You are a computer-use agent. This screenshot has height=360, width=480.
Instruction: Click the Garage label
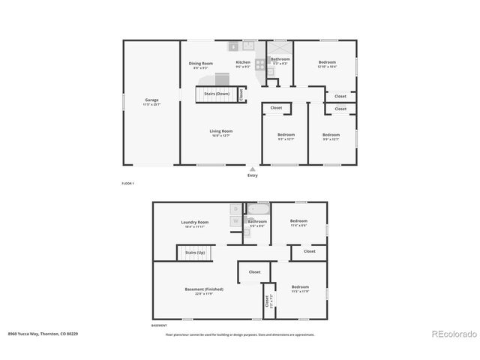coord(151,100)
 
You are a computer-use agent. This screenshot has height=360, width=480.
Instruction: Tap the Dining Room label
coord(200,63)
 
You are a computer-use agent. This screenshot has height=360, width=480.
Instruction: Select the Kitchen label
coord(243,62)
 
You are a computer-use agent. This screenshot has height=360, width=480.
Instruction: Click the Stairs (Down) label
coord(217,94)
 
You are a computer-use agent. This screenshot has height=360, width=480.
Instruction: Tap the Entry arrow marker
coord(252,169)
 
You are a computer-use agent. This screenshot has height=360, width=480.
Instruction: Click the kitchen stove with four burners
coord(260,64)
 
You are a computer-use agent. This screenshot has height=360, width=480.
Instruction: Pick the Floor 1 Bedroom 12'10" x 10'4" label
coord(327,62)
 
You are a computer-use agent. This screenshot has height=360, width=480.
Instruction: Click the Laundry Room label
coord(194,222)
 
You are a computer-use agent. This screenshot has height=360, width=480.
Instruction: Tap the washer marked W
coord(235,220)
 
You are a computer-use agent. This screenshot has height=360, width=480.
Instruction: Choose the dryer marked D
coord(235,208)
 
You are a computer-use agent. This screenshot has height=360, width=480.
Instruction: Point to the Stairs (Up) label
coord(195,253)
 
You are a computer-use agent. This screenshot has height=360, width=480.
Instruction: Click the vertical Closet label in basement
coord(266,302)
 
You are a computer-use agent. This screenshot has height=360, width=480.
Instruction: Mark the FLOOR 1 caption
coord(128,183)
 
